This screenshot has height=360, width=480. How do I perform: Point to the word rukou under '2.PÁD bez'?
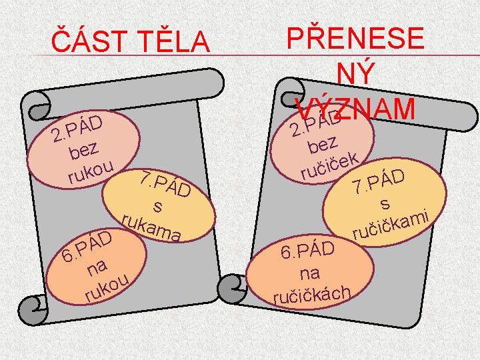tap(93, 170)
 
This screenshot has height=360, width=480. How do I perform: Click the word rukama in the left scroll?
tap(153, 225)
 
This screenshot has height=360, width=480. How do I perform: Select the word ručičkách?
tap(313, 292)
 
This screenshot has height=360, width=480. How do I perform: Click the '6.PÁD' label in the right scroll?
tap(307, 251)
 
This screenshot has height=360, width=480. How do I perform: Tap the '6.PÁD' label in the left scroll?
tap(86, 245)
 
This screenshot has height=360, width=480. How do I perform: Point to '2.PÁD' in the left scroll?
tap(77, 128)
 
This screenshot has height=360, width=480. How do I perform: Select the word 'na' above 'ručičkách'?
tap(309, 273)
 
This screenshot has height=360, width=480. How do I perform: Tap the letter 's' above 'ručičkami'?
tap(385, 205)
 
